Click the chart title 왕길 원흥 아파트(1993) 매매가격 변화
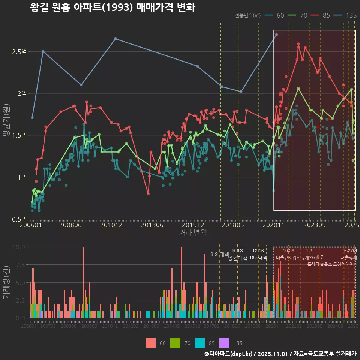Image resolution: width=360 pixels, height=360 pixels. pyautogui.click(x=112, y=7)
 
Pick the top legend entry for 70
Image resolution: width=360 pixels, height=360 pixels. pyautogui.click(x=298, y=15)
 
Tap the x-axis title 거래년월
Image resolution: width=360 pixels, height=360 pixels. pyautogui.click(x=193, y=232)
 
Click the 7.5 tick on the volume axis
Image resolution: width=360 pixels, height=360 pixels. pyautogui.click(x=19, y=265)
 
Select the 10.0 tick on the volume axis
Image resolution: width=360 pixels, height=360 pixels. pyautogui.click(x=18, y=247)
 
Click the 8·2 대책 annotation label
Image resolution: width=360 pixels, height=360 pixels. pyautogui.click(x=219, y=254)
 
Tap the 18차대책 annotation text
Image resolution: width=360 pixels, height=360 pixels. pyautogui.click(x=258, y=258)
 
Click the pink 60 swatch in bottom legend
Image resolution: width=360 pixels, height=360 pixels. pyautogui.click(x=151, y=343)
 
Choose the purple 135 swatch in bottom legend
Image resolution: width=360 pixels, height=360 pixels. pyautogui.click(x=224, y=343)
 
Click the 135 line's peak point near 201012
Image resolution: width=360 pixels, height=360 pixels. pyautogui.click(x=115, y=39)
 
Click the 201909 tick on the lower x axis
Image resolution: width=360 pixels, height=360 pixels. pyautogui.click(x=253, y=327)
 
